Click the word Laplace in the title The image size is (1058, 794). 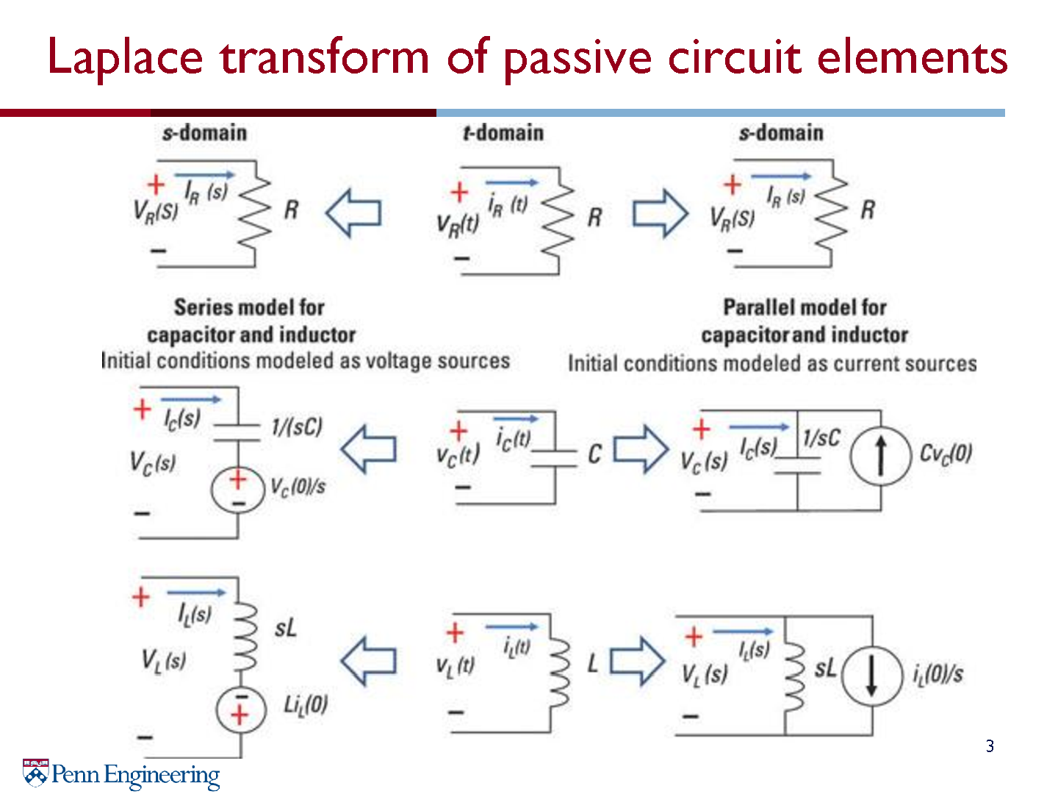125,59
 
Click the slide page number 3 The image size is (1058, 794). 990,745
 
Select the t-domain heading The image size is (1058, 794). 503,132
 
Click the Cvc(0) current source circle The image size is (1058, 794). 881,456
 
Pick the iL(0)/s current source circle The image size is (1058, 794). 872,676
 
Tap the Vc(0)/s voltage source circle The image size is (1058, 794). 237,490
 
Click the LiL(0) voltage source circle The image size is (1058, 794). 241,710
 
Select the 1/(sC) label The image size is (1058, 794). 296,426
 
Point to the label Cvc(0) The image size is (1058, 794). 946,454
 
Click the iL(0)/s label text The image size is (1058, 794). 938,674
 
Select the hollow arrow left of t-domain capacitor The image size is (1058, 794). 368,449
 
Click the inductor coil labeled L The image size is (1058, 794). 559,673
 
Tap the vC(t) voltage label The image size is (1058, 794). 458,455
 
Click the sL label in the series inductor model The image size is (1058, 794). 285,629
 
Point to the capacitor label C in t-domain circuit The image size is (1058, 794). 595,454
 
